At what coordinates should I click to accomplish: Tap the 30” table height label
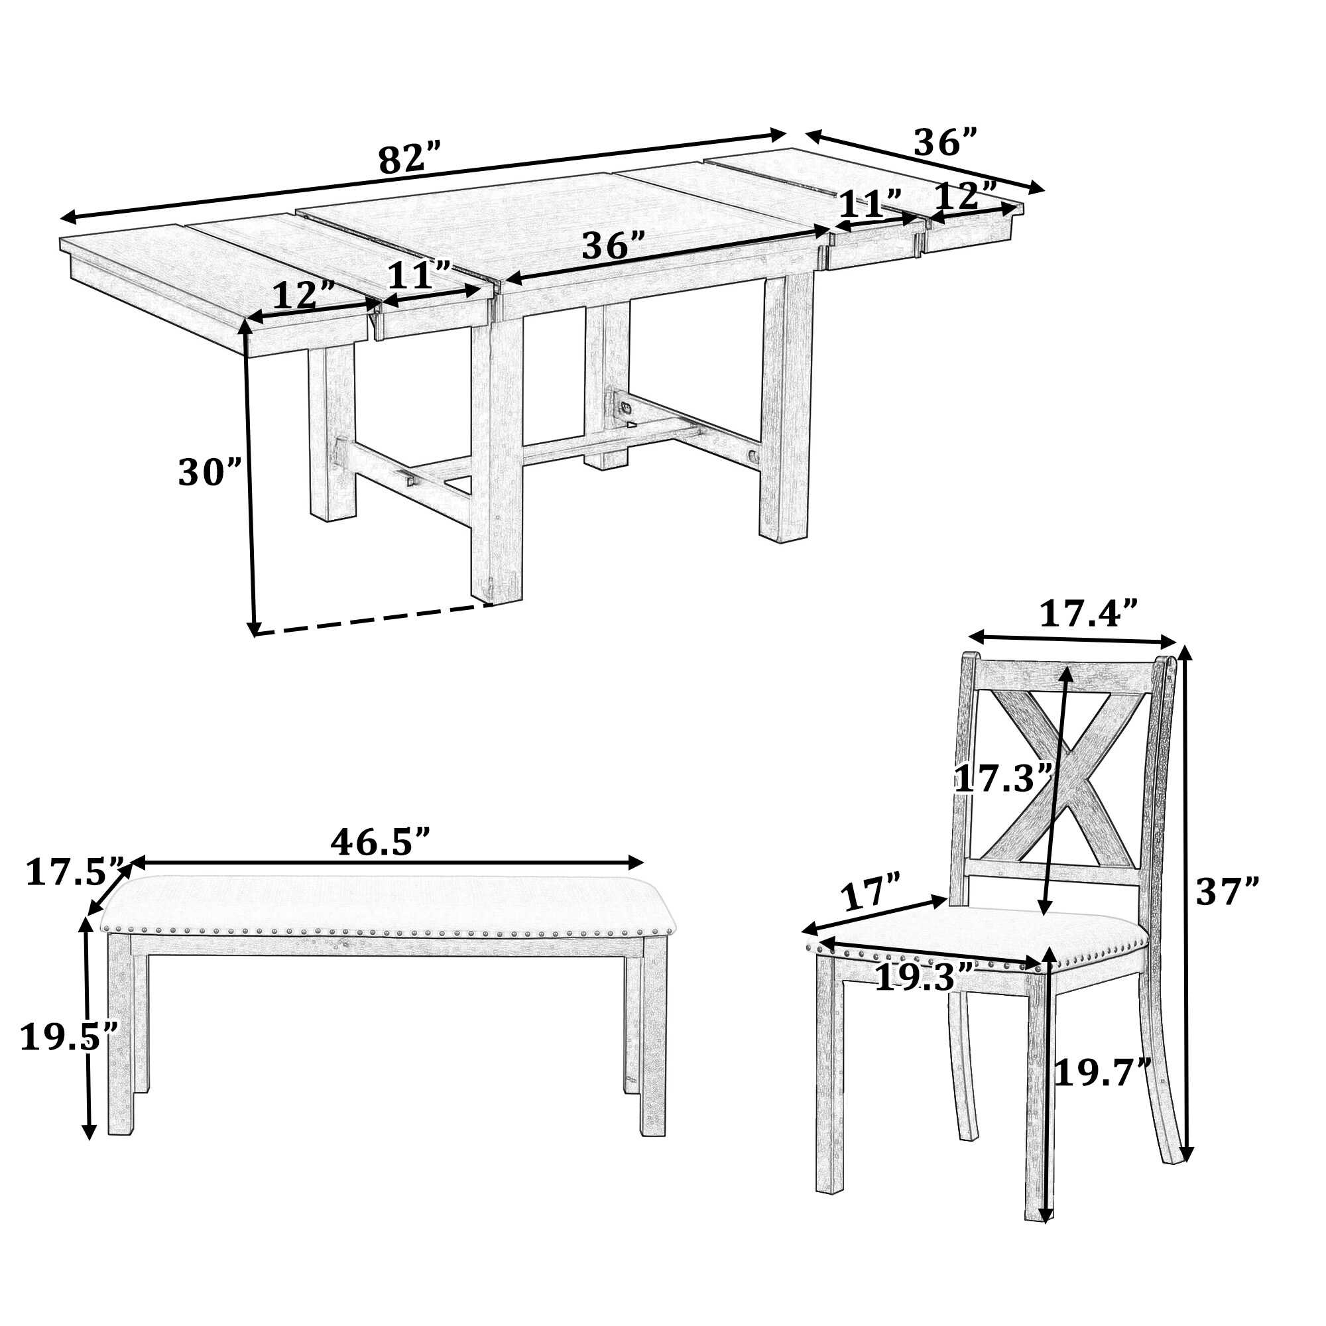[210, 472]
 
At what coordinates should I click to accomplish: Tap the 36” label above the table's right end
[945, 143]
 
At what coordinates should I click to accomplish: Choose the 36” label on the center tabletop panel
[613, 245]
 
